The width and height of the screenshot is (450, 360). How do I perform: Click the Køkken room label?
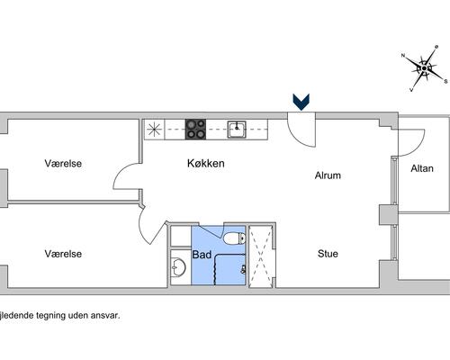[206, 164]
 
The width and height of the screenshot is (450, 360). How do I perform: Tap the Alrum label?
[328, 175]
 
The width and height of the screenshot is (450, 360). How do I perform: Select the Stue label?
[328, 254]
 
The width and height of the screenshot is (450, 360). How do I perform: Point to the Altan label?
[422, 168]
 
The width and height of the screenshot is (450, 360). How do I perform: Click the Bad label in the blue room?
[202, 255]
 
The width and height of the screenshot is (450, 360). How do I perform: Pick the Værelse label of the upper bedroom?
[63, 164]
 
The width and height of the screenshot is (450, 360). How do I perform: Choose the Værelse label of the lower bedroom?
[63, 254]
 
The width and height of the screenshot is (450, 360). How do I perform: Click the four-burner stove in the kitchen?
[195, 130]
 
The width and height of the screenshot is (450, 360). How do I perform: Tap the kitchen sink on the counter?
[237, 130]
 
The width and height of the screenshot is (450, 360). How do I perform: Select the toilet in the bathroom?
[235, 238]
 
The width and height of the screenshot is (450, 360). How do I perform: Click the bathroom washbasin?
[178, 267]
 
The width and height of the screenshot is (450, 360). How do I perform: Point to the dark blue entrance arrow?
[301, 102]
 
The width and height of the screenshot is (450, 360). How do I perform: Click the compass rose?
[424, 68]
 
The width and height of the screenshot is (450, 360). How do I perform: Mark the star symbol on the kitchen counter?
[155, 130]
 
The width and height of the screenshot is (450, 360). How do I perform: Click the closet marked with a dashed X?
[261, 256]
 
